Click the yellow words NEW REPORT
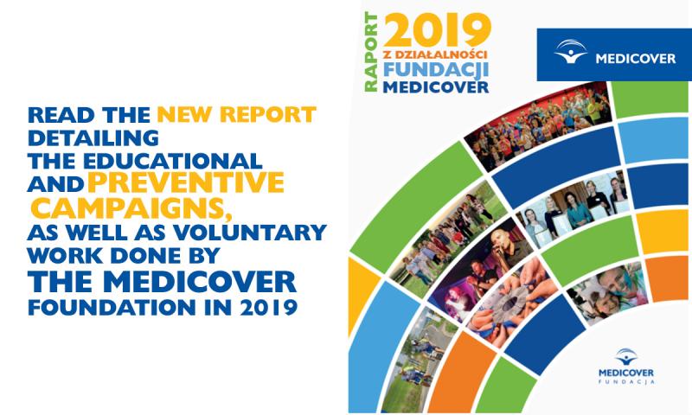click(x=236, y=115)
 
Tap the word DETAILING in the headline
click(x=93, y=138)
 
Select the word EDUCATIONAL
click(x=172, y=162)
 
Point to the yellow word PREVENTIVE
click(x=186, y=183)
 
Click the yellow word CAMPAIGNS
click(x=131, y=208)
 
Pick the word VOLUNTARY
click(x=250, y=233)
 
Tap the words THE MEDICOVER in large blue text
click(x=162, y=281)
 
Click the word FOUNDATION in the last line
click(x=112, y=308)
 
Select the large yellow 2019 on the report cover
click(x=437, y=29)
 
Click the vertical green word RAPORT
click(x=371, y=52)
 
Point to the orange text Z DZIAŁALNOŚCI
click(x=435, y=54)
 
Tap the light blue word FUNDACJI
click(x=436, y=69)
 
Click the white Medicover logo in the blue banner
click(x=614, y=53)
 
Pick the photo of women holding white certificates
click(x=573, y=207)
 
